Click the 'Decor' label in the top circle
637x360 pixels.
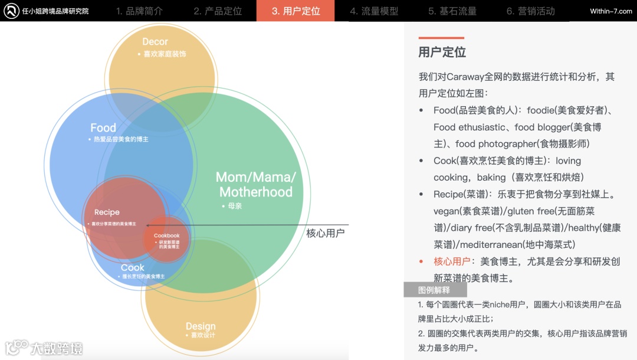pos(155,42)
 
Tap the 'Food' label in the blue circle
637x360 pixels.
pos(103,128)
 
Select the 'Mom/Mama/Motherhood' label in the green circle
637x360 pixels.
pos(256,184)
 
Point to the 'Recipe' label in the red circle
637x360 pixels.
pos(107,212)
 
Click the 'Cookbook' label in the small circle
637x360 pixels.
pos(166,235)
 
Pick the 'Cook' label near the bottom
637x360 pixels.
pos(133,267)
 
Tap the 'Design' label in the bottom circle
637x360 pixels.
pos(201,326)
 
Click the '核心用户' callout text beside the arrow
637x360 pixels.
pos(325,233)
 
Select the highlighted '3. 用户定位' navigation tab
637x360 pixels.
pos(295,11)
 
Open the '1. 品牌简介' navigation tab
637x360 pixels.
pos(139,11)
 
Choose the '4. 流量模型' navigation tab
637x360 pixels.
pos(374,11)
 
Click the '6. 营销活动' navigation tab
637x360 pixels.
pos(530,11)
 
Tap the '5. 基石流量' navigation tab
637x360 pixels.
pos(452,11)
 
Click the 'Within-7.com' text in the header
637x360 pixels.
pos(611,11)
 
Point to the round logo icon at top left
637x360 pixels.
pos(10,11)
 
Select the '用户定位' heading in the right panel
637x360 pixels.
pos(442,53)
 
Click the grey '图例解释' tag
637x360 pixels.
pos(435,290)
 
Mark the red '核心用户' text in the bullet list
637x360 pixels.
pos(452,261)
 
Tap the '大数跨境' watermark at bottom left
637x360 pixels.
pos(57,348)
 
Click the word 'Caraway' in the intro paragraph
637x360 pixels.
pos(466,77)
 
